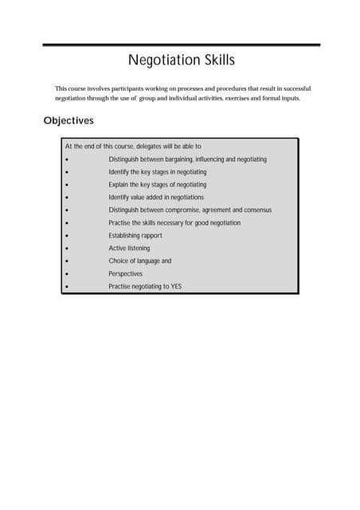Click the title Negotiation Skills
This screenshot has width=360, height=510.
point(182,61)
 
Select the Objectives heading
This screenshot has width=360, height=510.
point(68,120)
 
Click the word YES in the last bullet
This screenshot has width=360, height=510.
point(176,286)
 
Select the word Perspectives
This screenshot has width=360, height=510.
point(126,273)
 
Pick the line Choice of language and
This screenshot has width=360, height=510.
point(140,261)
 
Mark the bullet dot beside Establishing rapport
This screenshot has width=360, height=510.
point(70,236)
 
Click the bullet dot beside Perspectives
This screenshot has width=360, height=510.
point(70,274)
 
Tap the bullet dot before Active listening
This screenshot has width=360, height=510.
point(70,249)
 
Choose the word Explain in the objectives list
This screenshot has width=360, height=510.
point(120,184)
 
